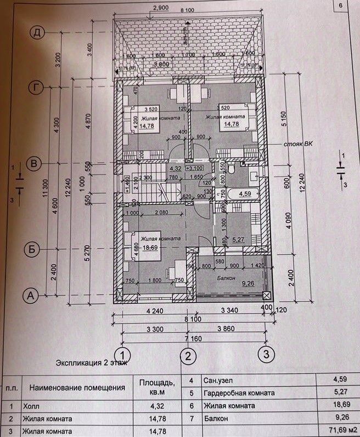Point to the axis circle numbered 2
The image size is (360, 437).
click(188, 356)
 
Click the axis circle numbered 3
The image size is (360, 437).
click(266, 354)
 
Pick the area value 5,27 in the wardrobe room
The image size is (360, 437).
click(237, 240)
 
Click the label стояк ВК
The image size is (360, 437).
click(298, 145)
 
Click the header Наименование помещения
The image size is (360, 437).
click(77, 388)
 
